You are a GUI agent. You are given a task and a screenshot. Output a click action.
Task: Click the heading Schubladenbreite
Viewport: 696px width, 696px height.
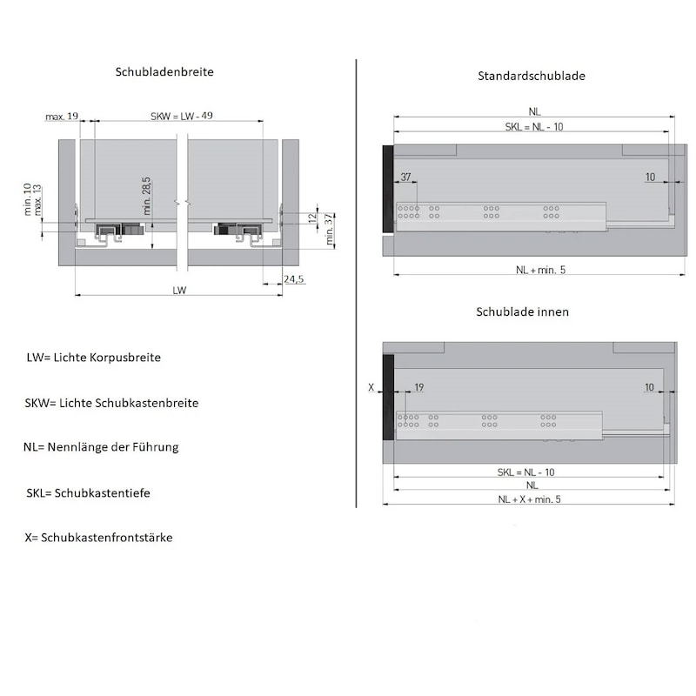(x=164, y=72)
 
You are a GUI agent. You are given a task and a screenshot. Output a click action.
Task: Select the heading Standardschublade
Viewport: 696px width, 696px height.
(x=532, y=76)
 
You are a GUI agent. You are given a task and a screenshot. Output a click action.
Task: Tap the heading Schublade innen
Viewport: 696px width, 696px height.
(x=523, y=311)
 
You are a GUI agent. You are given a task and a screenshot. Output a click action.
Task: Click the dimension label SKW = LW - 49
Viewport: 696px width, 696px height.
(x=182, y=116)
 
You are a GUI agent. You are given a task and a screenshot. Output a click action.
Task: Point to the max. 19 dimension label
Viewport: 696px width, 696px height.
(x=62, y=117)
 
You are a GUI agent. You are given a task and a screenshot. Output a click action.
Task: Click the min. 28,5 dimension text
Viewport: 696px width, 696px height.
(x=147, y=196)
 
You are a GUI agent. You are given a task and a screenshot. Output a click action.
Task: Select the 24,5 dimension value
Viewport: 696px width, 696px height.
(x=294, y=278)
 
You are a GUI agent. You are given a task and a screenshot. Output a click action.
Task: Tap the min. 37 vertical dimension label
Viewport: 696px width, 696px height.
(x=329, y=229)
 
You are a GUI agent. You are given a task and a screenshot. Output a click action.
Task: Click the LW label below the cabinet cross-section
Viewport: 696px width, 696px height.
(x=179, y=291)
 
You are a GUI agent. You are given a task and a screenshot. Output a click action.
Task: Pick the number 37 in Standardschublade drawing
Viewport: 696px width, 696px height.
(x=405, y=177)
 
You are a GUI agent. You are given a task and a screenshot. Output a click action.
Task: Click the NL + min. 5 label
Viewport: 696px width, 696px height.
(x=540, y=270)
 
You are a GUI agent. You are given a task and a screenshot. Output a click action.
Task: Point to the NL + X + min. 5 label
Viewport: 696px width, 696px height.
(x=529, y=499)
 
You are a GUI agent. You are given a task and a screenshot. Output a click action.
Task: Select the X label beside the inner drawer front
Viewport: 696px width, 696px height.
(x=371, y=387)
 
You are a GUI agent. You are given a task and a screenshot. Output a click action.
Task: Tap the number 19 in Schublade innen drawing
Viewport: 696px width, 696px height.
(x=419, y=387)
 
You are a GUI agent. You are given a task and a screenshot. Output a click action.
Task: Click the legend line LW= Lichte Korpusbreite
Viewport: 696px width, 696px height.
(x=94, y=358)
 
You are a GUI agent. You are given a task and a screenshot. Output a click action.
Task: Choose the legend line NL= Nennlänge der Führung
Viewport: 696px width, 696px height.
(x=101, y=447)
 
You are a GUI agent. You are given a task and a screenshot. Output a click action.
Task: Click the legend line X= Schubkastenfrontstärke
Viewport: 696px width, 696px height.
(x=98, y=538)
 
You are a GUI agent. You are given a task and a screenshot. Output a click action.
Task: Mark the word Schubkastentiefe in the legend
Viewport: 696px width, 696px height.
(x=102, y=493)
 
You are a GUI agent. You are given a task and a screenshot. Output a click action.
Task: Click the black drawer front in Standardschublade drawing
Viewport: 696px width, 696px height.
(x=388, y=189)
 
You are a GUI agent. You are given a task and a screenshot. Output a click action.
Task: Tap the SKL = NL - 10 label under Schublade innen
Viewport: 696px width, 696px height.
(x=526, y=472)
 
